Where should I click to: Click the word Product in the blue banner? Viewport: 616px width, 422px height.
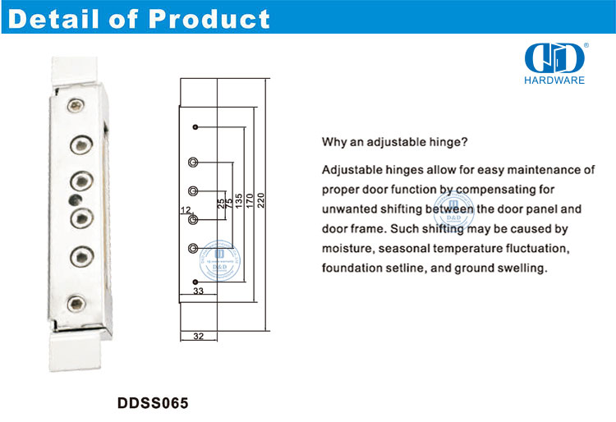209,18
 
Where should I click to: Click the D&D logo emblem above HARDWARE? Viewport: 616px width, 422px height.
554,58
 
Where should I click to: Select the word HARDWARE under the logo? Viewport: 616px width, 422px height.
554,80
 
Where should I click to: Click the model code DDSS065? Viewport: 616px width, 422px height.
153,403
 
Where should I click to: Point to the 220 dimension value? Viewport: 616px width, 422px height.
261,200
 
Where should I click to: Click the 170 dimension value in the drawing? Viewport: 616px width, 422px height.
250,200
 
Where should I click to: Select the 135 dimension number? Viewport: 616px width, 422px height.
238,200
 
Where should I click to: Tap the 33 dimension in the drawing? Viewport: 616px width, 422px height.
199,291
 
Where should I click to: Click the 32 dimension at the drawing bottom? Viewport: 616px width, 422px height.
199,336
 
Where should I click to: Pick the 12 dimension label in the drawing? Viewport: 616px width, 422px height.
186,210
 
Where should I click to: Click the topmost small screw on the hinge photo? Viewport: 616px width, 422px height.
76,105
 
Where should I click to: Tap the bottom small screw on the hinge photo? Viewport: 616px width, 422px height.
76,304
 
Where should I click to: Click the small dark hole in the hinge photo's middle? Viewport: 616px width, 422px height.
76,200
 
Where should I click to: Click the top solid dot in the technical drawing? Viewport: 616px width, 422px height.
195,126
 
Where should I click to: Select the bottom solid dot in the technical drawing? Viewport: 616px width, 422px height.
195,282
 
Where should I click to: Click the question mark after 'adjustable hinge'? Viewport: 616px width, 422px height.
465,141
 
